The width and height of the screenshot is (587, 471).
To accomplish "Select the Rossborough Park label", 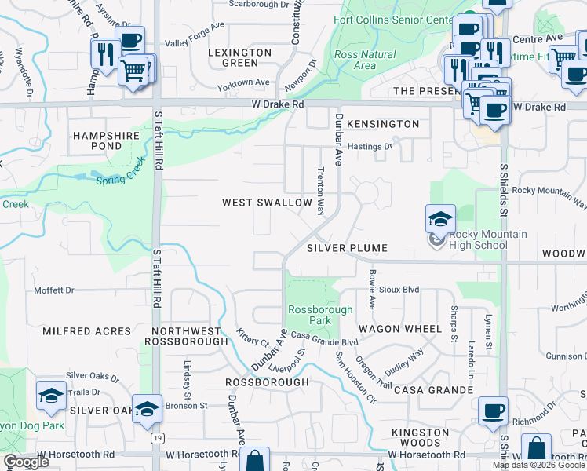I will [x=320, y=315].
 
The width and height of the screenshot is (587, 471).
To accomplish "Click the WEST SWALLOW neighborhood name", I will [x=267, y=203].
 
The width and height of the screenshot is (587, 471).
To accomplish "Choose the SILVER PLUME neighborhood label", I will [x=347, y=248].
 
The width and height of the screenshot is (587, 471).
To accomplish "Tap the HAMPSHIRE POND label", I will [x=106, y=141].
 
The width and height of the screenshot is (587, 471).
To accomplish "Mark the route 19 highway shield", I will [x=157, y=436].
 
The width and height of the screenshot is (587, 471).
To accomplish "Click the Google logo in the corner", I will [x=26, y=462].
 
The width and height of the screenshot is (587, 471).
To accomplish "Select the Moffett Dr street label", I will [x=53, y=290].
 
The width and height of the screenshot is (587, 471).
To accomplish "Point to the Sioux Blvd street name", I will [x=400, y=290].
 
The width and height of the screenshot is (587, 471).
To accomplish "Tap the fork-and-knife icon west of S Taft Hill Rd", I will [x=104, y=54].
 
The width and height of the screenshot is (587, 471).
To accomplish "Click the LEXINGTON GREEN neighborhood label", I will [x=240, y=57].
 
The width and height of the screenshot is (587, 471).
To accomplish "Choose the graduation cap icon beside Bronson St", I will [x=146, y=409].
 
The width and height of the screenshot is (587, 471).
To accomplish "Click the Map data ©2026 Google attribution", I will [x=538, y=465].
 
